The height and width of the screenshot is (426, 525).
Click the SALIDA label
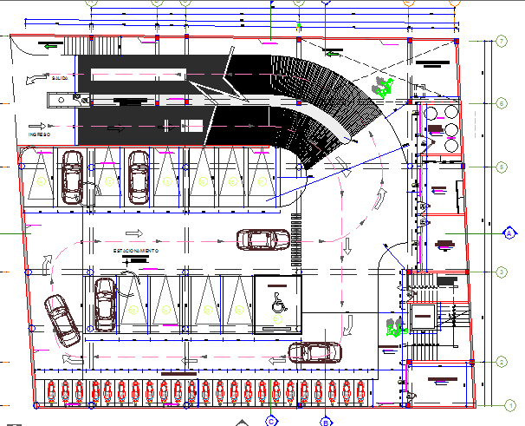click(x=59, y=77)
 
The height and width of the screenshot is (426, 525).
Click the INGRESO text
click(x=39, y=134)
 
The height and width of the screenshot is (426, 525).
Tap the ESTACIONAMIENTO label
click(x=136, y=250)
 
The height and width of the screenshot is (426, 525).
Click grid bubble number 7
click(x=502, y=41)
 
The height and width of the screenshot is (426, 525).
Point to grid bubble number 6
click(x=502, y=103)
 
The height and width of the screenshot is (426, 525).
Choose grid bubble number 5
click(x=502, y=166)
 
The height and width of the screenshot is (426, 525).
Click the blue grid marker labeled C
click(x=271, y=422)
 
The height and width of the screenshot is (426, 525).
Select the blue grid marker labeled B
click(x=326, y=422)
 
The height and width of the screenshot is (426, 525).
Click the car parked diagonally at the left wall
click(x=60, y=318)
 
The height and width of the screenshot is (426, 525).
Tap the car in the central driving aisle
click(x=262, y=239)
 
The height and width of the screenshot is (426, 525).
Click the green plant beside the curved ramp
click(x=380, y=87)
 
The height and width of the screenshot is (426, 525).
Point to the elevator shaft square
click(x=425, y=318)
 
